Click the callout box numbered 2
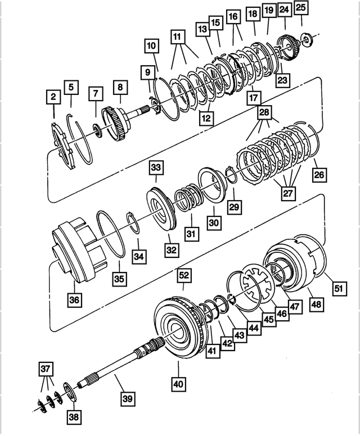53,98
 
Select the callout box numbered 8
120,88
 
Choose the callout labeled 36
75,300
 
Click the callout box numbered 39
128,399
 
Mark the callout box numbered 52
184,275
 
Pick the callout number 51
339,288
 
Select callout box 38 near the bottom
74,416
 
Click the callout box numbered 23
282,80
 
